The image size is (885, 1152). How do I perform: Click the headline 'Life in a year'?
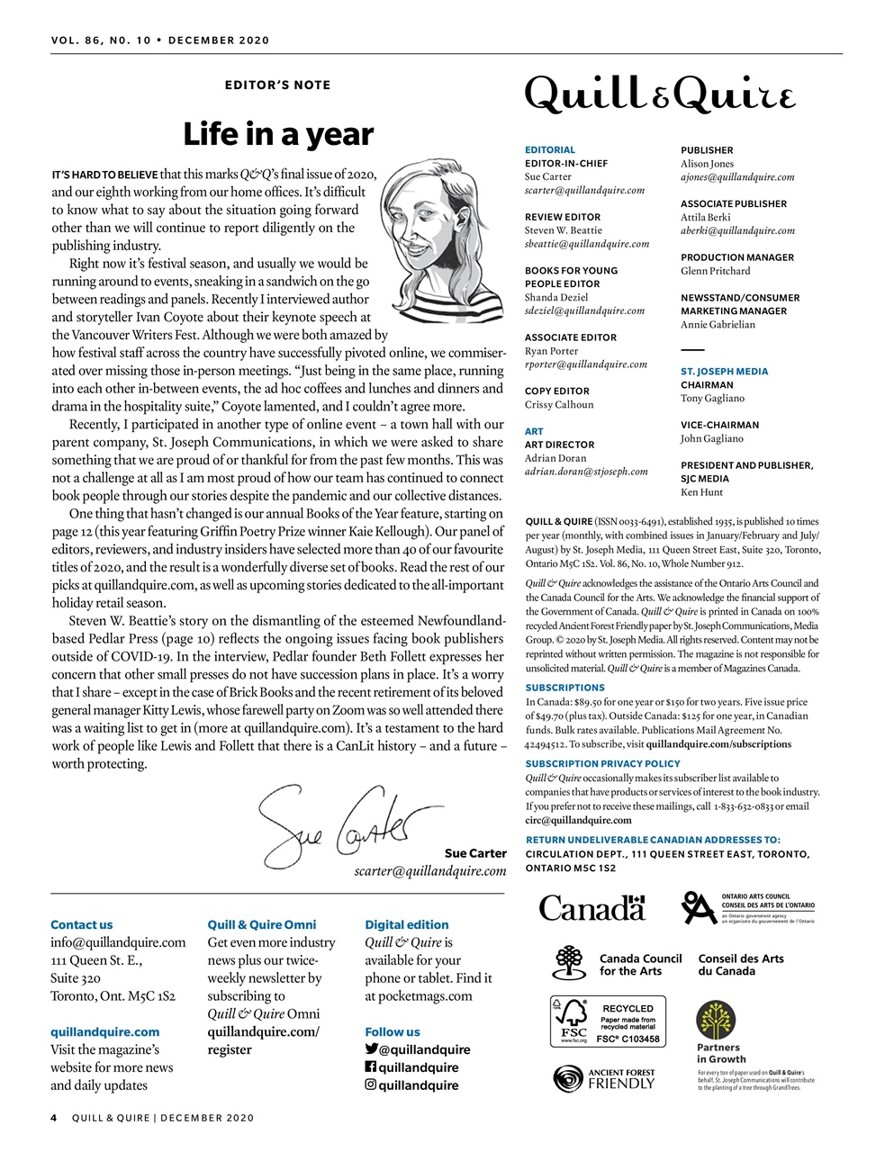(277, 135)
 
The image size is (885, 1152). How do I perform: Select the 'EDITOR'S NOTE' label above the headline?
(277, 85)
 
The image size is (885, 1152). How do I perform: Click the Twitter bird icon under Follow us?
(371, 1049)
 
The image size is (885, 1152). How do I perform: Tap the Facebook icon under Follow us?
(370, 1067)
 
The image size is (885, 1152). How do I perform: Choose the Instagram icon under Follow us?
(370, 1085)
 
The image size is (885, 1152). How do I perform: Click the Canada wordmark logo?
(592, 907)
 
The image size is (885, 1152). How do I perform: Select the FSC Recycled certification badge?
(609, 1021)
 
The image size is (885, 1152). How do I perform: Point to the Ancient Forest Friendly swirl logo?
(569, 1078)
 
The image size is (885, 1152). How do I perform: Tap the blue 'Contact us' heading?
(82, 924)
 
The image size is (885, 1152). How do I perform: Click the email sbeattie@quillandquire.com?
(587, 244)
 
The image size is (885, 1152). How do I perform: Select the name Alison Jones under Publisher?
(707, 164)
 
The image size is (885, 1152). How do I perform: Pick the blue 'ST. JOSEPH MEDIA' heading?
(724, 371)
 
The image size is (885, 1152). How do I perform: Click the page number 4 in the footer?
(54, 1118)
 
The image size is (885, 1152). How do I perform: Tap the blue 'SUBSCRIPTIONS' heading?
(564, 688)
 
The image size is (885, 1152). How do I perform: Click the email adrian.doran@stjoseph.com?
(586, 472)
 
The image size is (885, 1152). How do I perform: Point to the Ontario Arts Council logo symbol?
(699, 907)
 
